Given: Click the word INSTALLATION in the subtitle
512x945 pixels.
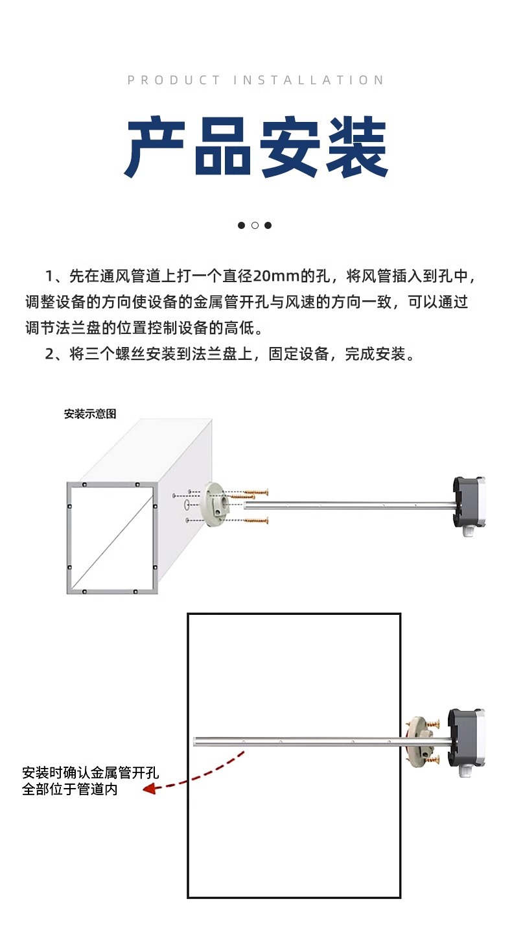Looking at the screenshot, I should (308, 80).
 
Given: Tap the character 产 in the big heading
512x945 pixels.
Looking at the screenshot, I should (156, 148).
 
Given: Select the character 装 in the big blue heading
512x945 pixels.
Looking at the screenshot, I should (356, 148).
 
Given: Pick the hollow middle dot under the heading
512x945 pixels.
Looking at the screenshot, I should (255, 225).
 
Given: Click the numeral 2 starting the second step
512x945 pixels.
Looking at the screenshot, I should (49, 354).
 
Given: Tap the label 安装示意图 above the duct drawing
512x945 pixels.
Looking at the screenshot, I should (90, 414).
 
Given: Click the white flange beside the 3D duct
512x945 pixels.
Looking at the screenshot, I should (218, 504).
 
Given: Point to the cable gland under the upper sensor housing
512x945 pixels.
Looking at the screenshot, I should (468, 531).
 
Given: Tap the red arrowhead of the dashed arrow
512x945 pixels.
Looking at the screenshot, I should (150, 789).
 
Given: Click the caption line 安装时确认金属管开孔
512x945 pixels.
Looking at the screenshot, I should (90, 772).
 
